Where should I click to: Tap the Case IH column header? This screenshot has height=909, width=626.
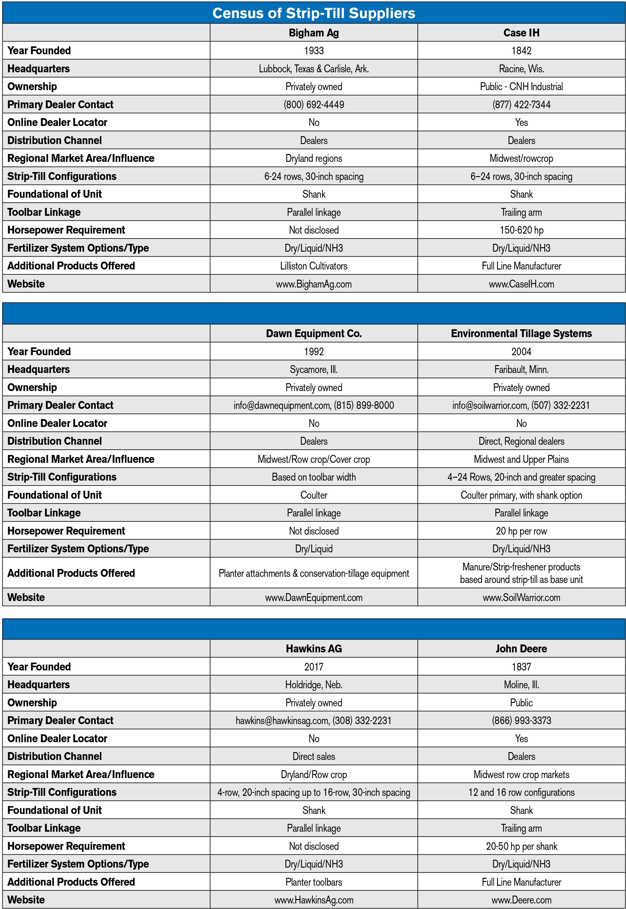pyautogui.click(x=521, y=33)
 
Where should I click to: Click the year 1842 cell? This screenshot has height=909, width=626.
pyautogui.click(x=521, y=50)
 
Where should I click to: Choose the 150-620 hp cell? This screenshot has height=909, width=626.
pyautogui.click(x=521, y=230)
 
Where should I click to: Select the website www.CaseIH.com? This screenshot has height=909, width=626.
pyautogui.click(x=521, y=284)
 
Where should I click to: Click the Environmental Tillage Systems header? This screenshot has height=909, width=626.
pyautogui.click(x=521, y=333)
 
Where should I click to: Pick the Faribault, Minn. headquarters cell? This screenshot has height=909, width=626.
pyautogui.click(x=521, y=369)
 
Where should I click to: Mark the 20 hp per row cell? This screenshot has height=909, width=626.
pyautogui.click(x=521, y=531)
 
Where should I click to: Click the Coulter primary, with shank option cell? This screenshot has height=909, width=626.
pyautogui.click(x=521, y=495)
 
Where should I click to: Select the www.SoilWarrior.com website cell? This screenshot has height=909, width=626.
pyautogui.click(x=521, y=597)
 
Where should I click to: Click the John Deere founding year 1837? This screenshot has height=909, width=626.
pyautogui.click(x=521, y=667)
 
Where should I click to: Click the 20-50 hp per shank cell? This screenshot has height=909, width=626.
pyautogui.click(x=521, y=846)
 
